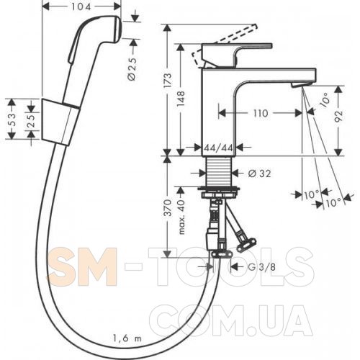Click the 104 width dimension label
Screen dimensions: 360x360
pos(81,6)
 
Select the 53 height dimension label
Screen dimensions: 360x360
pos(12,119)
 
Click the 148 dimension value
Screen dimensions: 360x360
pos(181,99)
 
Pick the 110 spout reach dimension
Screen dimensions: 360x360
pos(261,113)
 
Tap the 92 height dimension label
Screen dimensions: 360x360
pos(339,117)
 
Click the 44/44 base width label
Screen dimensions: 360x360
pos(218,148)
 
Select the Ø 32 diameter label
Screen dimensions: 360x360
pos(259,174)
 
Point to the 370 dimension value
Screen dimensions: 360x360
pos(168,207)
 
